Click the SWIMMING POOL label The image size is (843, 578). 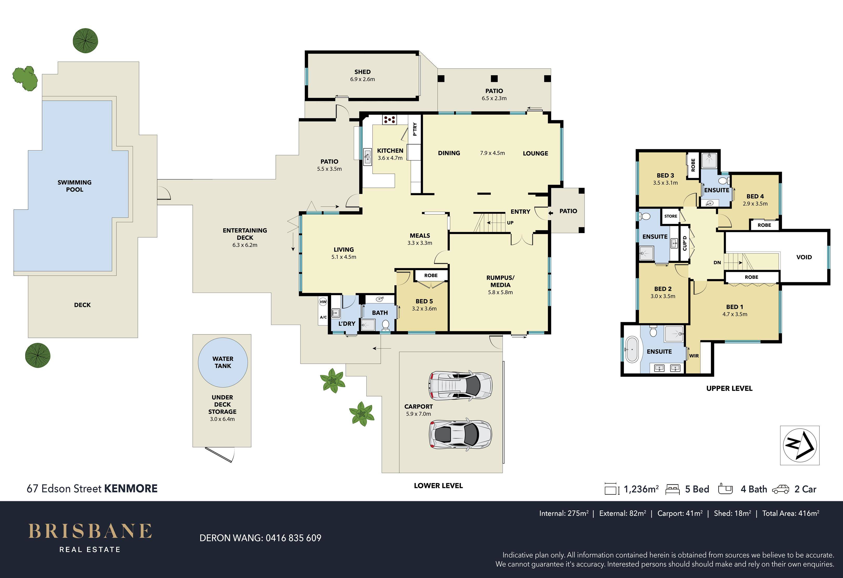pyautogui.click(x=74, y=186)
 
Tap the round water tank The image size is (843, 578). pyautogui.click(x=223, y=362)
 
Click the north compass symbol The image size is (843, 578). pyautogui.click(x=800, y=446)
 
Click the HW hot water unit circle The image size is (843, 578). pyautogui.click(x=323, y=302)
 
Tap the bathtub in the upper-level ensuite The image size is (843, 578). pyautogui.click(x=632, y=350)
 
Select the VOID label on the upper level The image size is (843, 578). pyautogui.click(x=804, y=257)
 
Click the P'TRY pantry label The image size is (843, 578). pyautogui.click(x=415, y=129)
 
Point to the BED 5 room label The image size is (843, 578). pyautogui.click(x=424, y=301)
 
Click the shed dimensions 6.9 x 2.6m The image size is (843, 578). pyautogui.click(x=362, y=79)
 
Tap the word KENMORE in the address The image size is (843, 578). pyautogui.click(x=131, y=489)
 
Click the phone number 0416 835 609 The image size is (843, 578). pyautogui.click(x=293, y=538)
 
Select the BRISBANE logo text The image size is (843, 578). pyautogui.click(x=90, y=531)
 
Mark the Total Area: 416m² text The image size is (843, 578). pyautogui.click(x=791, y=513)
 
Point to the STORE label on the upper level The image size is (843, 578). pyautogui.click(x=671, y=216)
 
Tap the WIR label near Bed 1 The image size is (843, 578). pyautogui.click(x=694, y=356)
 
